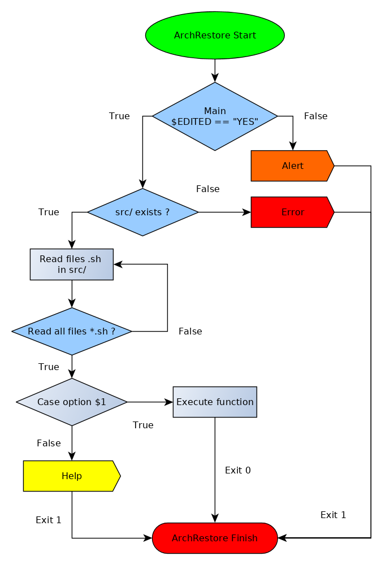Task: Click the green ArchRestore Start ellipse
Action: pos(215,35)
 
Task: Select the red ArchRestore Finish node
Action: pos(215,538)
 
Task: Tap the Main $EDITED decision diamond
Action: pos(215,116)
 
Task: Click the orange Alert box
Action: pos(292,166)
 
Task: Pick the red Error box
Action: pos(292,212)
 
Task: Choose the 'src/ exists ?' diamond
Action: pos(142,212)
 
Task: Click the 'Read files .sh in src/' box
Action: pos(71,264)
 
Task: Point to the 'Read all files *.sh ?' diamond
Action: pos(71,331)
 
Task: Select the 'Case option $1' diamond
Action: pos(71,402)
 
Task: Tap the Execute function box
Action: pos(215,402)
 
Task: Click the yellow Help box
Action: pos(71,476)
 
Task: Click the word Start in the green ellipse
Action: pos(244,35)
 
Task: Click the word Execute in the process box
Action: pos(192,402)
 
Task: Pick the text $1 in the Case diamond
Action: pos(100,402)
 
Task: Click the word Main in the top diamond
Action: pos(215,111)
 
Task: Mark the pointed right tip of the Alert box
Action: pos(332,166)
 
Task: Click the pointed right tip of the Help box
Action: pos(119,476)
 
